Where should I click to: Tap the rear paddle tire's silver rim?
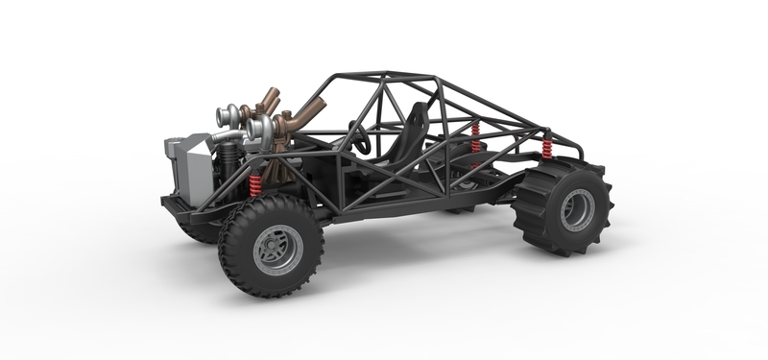coord(577,209)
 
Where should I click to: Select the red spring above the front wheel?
coord(255,184)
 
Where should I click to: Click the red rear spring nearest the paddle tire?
coord(547,148)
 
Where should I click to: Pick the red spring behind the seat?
coord(474,139)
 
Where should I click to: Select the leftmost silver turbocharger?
coord(229,117)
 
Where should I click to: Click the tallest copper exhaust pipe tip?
coord(272,95)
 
